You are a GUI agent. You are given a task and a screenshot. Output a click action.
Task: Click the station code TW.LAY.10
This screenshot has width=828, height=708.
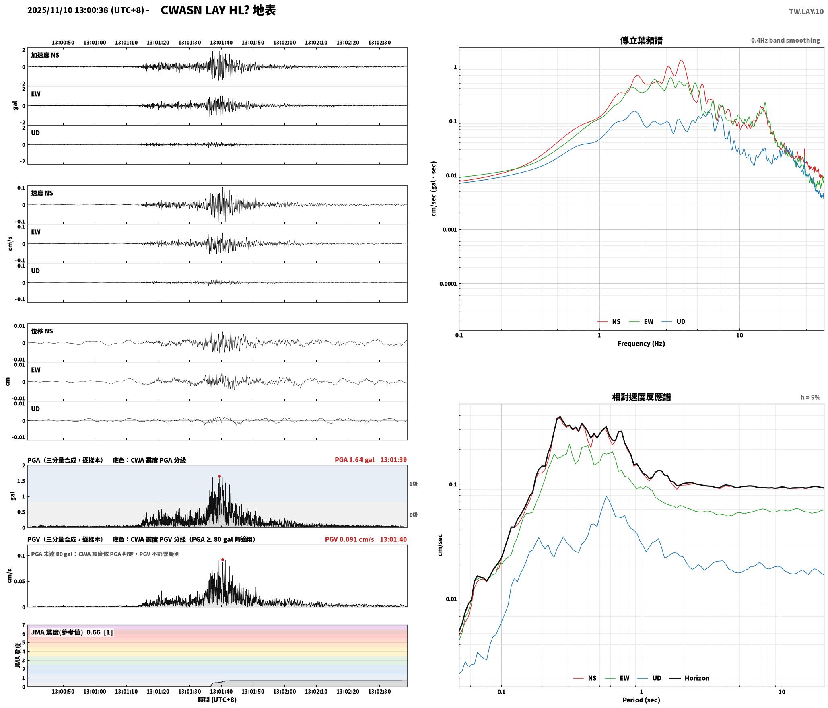pos(806,12)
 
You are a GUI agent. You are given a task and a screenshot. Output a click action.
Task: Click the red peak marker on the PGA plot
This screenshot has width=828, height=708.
pos(219,476)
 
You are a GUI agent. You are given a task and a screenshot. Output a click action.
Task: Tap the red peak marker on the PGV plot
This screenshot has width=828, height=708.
pos(222,560)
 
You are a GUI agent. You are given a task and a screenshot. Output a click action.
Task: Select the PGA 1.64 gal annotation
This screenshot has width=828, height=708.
pos(354,460)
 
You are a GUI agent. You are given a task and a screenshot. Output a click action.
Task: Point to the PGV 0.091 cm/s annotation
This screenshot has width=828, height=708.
pos(349,539)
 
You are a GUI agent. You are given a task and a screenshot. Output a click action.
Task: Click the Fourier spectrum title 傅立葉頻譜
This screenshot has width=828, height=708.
pos(641,40)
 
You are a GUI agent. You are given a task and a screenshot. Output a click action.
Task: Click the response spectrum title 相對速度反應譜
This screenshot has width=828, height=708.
pos(641,397)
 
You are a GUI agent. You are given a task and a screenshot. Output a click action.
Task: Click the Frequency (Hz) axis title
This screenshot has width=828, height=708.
pos(641,344)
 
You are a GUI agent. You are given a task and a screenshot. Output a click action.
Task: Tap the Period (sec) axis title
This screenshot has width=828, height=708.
pos(641,700)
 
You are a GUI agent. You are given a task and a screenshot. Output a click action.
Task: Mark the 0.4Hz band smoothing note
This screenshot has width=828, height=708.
pos(785,41)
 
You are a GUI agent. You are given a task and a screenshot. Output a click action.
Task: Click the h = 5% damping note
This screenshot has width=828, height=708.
pos(810,397)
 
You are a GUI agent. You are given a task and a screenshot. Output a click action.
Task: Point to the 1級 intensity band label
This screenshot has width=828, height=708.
pos(413,484)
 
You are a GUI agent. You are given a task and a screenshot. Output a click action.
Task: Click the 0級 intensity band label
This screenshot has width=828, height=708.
pos(413,515)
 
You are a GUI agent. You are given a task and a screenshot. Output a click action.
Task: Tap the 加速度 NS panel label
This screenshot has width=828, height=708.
pos(45,55)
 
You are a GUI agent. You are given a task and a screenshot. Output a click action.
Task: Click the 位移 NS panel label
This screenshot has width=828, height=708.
pos(42,331)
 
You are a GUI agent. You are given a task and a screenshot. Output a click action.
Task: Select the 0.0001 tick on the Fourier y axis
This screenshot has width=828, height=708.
pos(448,284)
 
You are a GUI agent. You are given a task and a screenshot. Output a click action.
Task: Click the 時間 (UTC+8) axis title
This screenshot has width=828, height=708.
pos(217,700)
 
